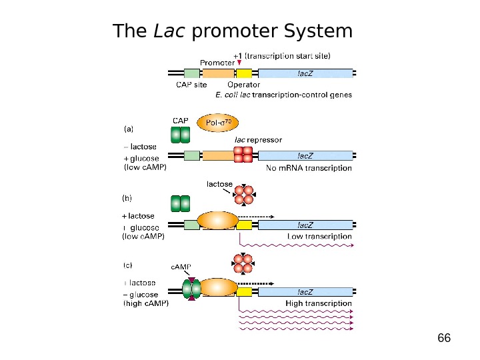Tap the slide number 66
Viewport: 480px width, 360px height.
click(443, 338)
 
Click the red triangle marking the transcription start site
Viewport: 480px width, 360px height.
click(239, 63)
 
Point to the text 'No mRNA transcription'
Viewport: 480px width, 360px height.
click(309, 169)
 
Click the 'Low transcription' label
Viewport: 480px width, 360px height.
click(319, 237)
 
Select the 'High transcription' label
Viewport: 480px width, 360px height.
click(319, 303)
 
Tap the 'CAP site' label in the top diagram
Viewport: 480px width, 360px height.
click(191, 85)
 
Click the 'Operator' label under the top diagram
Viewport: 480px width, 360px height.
click(243, 85)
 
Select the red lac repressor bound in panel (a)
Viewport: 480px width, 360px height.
click(243, 155)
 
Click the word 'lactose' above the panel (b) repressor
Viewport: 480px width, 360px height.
click(219, 184)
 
